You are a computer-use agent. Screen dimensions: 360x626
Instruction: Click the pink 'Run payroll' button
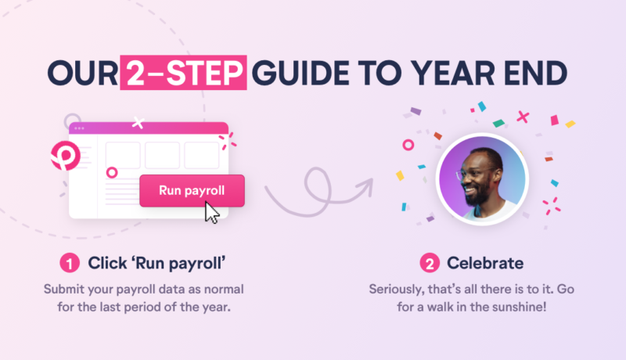click(x=192, y=190)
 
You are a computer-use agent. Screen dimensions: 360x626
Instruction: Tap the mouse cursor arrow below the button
click(x=212, y=212)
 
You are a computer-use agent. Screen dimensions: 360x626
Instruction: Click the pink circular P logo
click(x=61, y=155)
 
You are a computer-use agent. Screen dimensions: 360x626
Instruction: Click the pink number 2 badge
click(x=429, y=262)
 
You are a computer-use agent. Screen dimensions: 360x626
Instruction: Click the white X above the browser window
click(x=139, y=121)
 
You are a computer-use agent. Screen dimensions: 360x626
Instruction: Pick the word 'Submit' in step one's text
click(x=65, y=289)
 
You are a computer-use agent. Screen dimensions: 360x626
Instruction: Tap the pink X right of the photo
click(x=523, y=117)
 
